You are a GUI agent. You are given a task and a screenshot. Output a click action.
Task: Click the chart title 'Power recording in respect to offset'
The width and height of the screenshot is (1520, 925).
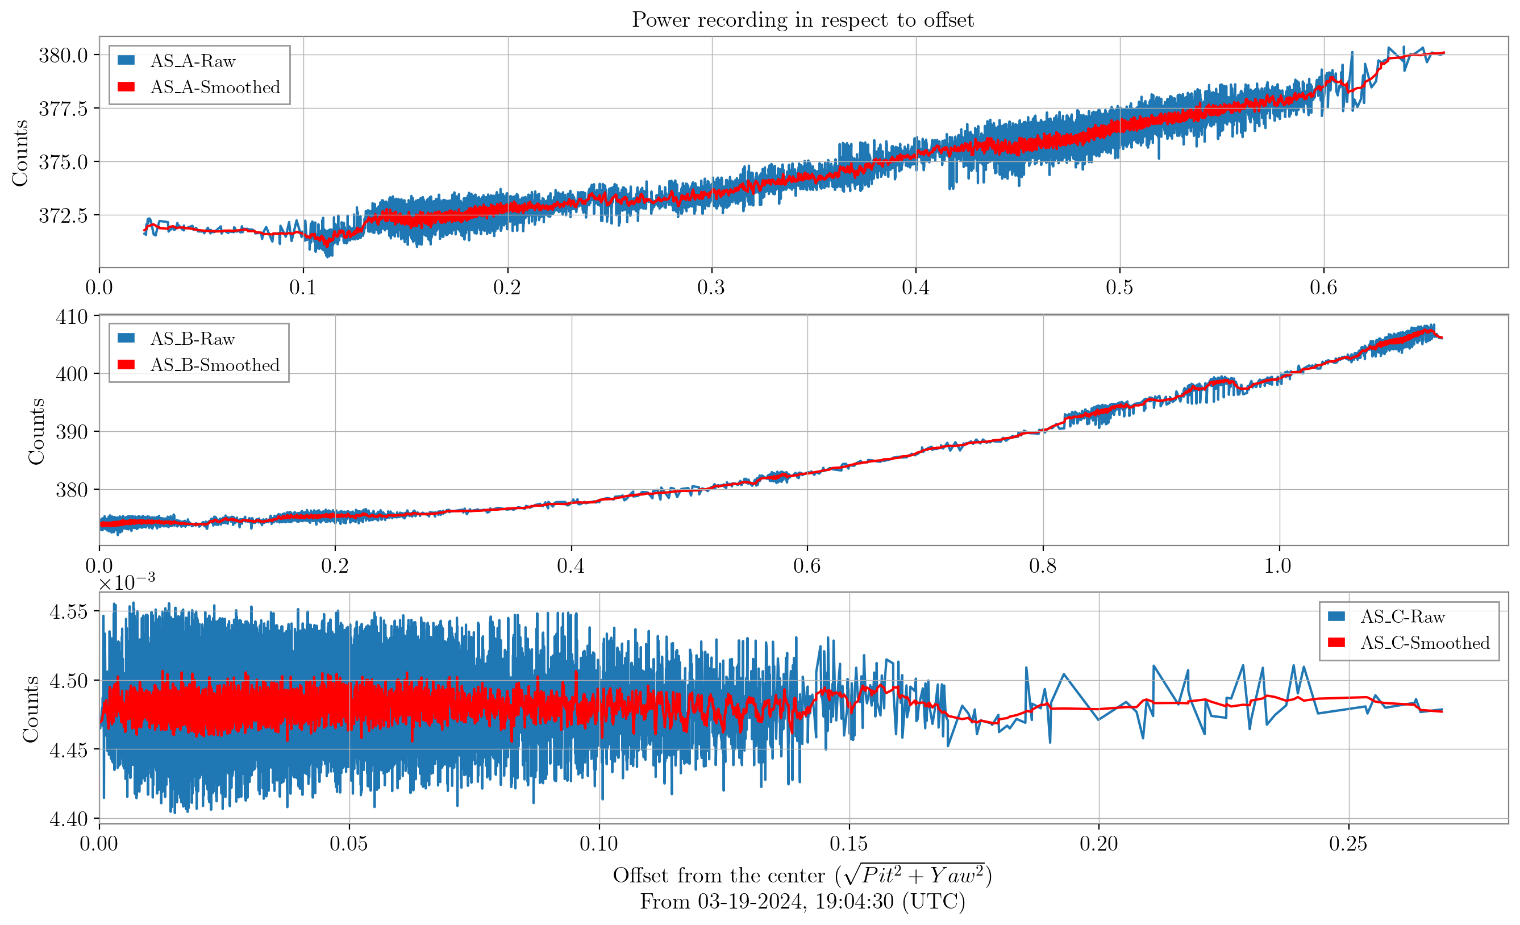pyautogui.click(x=802, y=20)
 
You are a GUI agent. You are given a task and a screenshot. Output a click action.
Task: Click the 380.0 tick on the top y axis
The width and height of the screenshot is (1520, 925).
pyautogui.click(x=63, y=55)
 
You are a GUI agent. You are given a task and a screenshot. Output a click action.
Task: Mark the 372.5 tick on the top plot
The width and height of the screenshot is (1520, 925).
pyautogui.click(x=63, y=215)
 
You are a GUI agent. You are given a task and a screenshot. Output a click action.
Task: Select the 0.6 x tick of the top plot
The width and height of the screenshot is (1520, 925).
pyautogui.click(x=1323, y=287)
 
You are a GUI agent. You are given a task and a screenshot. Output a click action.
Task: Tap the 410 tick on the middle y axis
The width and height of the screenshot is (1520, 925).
pyautogui.click(x=72, y=317)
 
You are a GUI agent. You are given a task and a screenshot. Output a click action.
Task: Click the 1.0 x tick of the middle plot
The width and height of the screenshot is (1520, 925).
pyautogui.click(x=1278, y=565)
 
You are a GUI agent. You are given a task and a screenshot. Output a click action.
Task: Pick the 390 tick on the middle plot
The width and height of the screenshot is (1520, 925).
pyautogui.click(x=72, y=432)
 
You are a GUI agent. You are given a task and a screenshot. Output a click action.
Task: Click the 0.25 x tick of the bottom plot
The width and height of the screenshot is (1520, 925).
pyautogui.click(x=1348, y=844)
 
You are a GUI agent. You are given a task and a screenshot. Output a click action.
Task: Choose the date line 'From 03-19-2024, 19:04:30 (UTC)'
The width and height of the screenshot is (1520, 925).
pyautogui.click(x=802, y=902)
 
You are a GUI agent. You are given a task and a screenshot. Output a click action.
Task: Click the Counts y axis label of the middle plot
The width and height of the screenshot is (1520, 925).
pyautogui.click(x=36, y=431)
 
